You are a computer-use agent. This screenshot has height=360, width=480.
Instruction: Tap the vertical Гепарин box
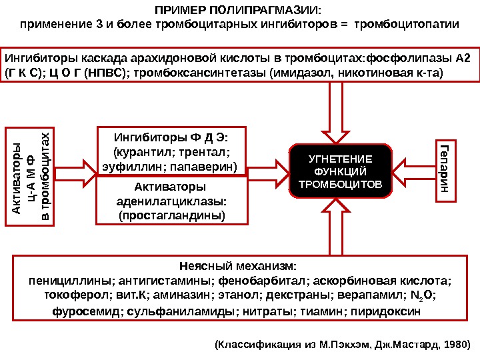tap(445, 171)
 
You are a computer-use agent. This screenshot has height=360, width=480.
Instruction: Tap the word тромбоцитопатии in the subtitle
tap(407, 25)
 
